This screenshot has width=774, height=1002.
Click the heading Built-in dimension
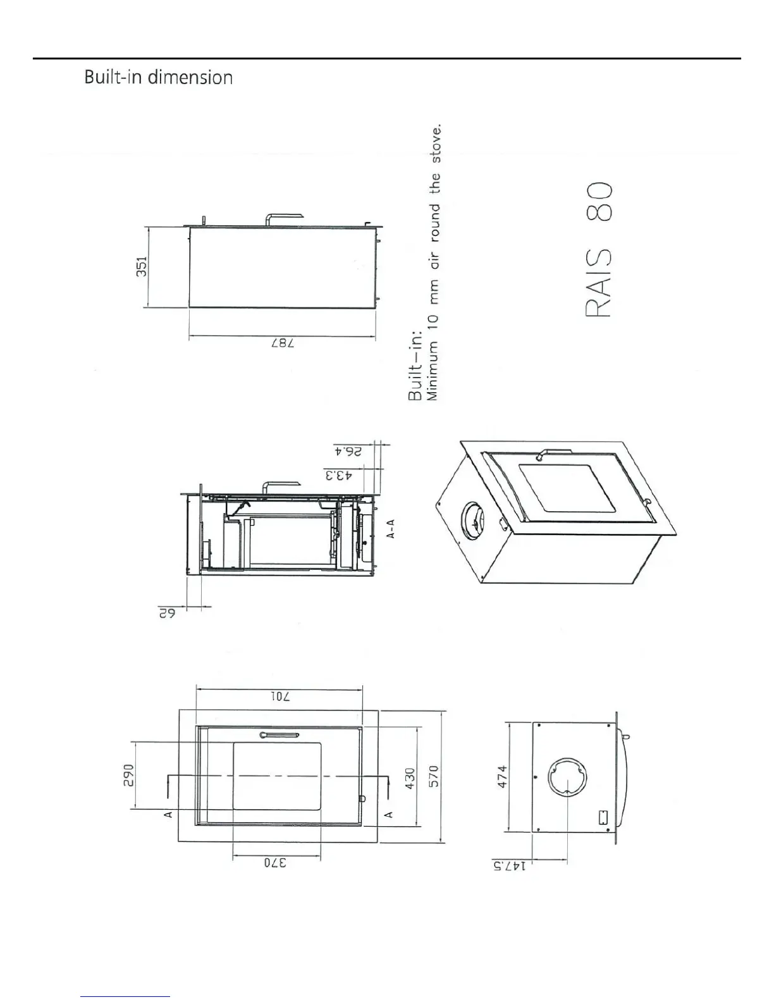click(x=158, y=77)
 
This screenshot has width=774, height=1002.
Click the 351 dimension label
click(x=142, y=266)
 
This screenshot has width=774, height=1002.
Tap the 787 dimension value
click(x=283, y=343)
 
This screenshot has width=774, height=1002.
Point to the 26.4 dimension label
click(x=348, y=452)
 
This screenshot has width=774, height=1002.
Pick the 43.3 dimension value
click(x=339, y=475)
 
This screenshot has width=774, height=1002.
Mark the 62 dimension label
click(x=167, y=613)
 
